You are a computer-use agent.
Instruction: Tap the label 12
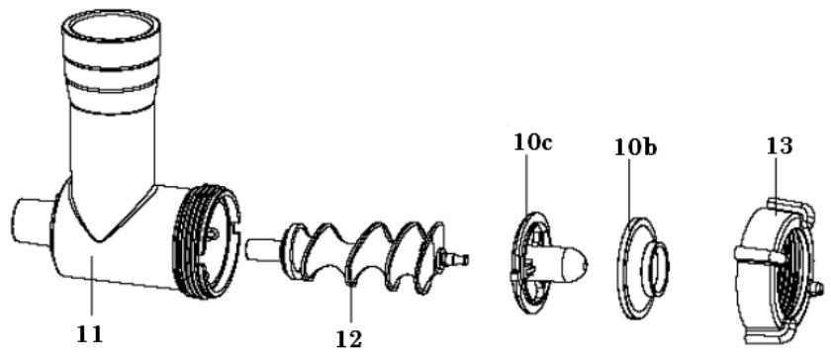(x=349, y=338)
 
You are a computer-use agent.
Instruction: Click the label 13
(x=778, y=145)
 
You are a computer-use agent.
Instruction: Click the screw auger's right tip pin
(x=457, y=259)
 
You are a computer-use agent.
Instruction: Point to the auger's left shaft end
(x=259, y=245)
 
